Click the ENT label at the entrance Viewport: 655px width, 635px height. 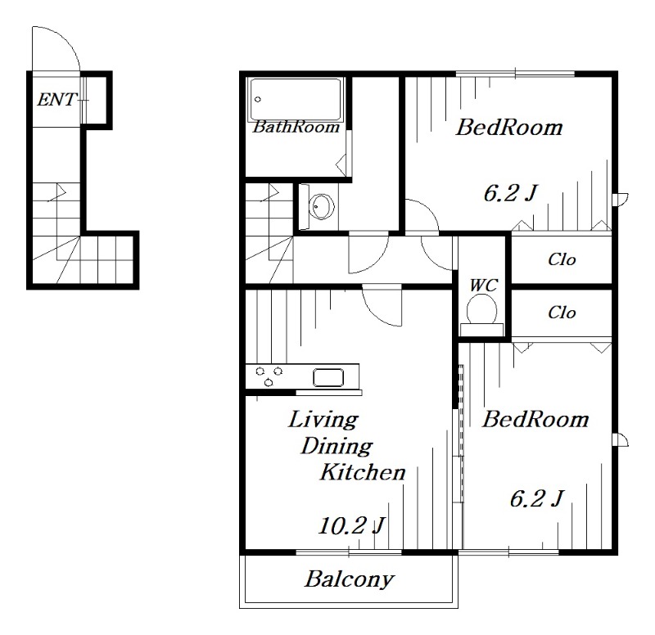coord(56,99)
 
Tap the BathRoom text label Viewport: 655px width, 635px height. coord(296,127)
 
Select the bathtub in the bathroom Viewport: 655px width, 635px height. coord(296,99)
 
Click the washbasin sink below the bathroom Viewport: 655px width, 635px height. coord(322,206)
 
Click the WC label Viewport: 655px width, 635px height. coord(484,286)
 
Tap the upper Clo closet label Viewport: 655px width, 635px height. coord(562,259)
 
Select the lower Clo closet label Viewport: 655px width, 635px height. coord(562,313)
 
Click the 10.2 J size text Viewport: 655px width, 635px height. coord(351,525)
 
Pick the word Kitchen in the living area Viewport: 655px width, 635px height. coord(363,472)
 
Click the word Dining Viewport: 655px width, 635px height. coord(337,447)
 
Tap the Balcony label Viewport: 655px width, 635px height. coord(350,579)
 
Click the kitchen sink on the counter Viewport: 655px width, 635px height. coord(329,377)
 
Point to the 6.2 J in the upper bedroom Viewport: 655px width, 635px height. coord(509,193)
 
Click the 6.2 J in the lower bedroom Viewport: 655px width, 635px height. coord(537,498)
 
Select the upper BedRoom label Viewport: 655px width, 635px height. coord(509,128)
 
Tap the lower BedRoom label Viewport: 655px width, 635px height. coord(535,420)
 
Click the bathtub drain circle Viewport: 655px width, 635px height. coord(258,99)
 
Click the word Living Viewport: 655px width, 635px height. coord(323,421)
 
